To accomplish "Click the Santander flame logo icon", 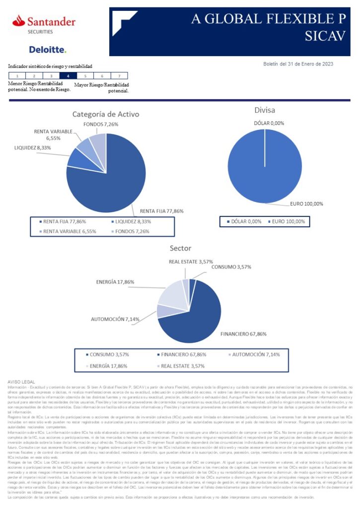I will [19, 21].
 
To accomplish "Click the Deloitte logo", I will [48, 50].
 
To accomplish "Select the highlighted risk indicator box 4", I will [68, 76].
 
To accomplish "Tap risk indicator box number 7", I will [119, 76].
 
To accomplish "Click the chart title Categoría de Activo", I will [106, 114].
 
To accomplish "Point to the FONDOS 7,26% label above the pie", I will [101, 124].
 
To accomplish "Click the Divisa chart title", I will [265, 110].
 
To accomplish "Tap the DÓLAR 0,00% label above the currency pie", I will [269, 123].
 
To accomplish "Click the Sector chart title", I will [180, 248].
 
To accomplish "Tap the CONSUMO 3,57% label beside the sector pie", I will [231, 267].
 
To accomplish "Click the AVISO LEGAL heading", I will [20, 381].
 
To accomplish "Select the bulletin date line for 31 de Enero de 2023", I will [298, 63].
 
